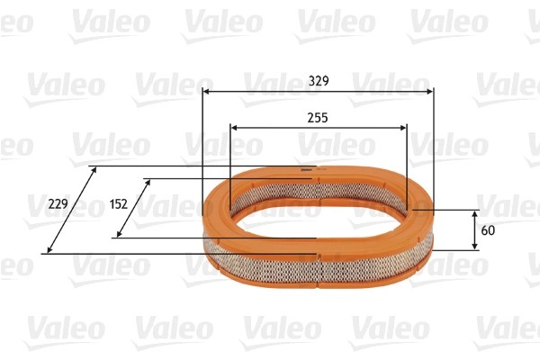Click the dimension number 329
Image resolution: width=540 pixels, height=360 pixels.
pyautogui.click(x=319, y=81)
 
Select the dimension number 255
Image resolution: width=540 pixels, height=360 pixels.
pyautogui.click(x=318, y=118)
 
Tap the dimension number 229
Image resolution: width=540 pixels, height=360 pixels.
pyautogui.click(x=58, y=204)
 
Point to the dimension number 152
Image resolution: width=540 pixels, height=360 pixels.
pyautogui.click(x=119, y=204)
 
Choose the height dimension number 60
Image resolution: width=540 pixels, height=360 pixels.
pyautogui.click(x=488, y=230)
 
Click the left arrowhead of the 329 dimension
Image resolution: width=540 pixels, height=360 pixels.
pyautogui.click(x=206, y=92)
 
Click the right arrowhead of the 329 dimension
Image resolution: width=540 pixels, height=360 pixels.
pyautogui.click(x=430, y=92)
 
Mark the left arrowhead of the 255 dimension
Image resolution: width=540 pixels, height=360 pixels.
pyautogui.click(x=234, y=128)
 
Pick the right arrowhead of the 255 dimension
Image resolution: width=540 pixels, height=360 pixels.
pyautogui.click(x=403, y=128)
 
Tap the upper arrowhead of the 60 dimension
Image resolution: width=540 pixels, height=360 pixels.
pyautogui.click(x=475, y=215)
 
